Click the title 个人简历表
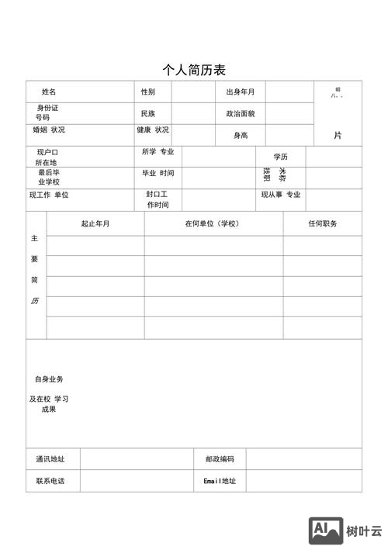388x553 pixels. click(x=194, y=70)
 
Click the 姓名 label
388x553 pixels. click(x=48, y=92)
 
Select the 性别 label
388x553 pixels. click(x=147, y=92)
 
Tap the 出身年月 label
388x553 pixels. click(x=240, y=92)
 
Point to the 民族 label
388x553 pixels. click(x=147, y=114)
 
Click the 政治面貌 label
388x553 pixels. click(x=240, y=114)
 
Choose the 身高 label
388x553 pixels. click(x=241, y=136)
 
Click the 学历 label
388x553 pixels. click(x=280, y=157)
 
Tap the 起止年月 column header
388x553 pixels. click(x=95, y=224)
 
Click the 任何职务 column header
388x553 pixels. click(x=322, y=224)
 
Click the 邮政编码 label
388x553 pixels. click(x=220, y=459)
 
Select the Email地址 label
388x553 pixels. click(x=220, y=481)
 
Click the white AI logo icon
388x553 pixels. click(x=327, y=530)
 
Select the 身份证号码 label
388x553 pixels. click(x=47, y=112)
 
